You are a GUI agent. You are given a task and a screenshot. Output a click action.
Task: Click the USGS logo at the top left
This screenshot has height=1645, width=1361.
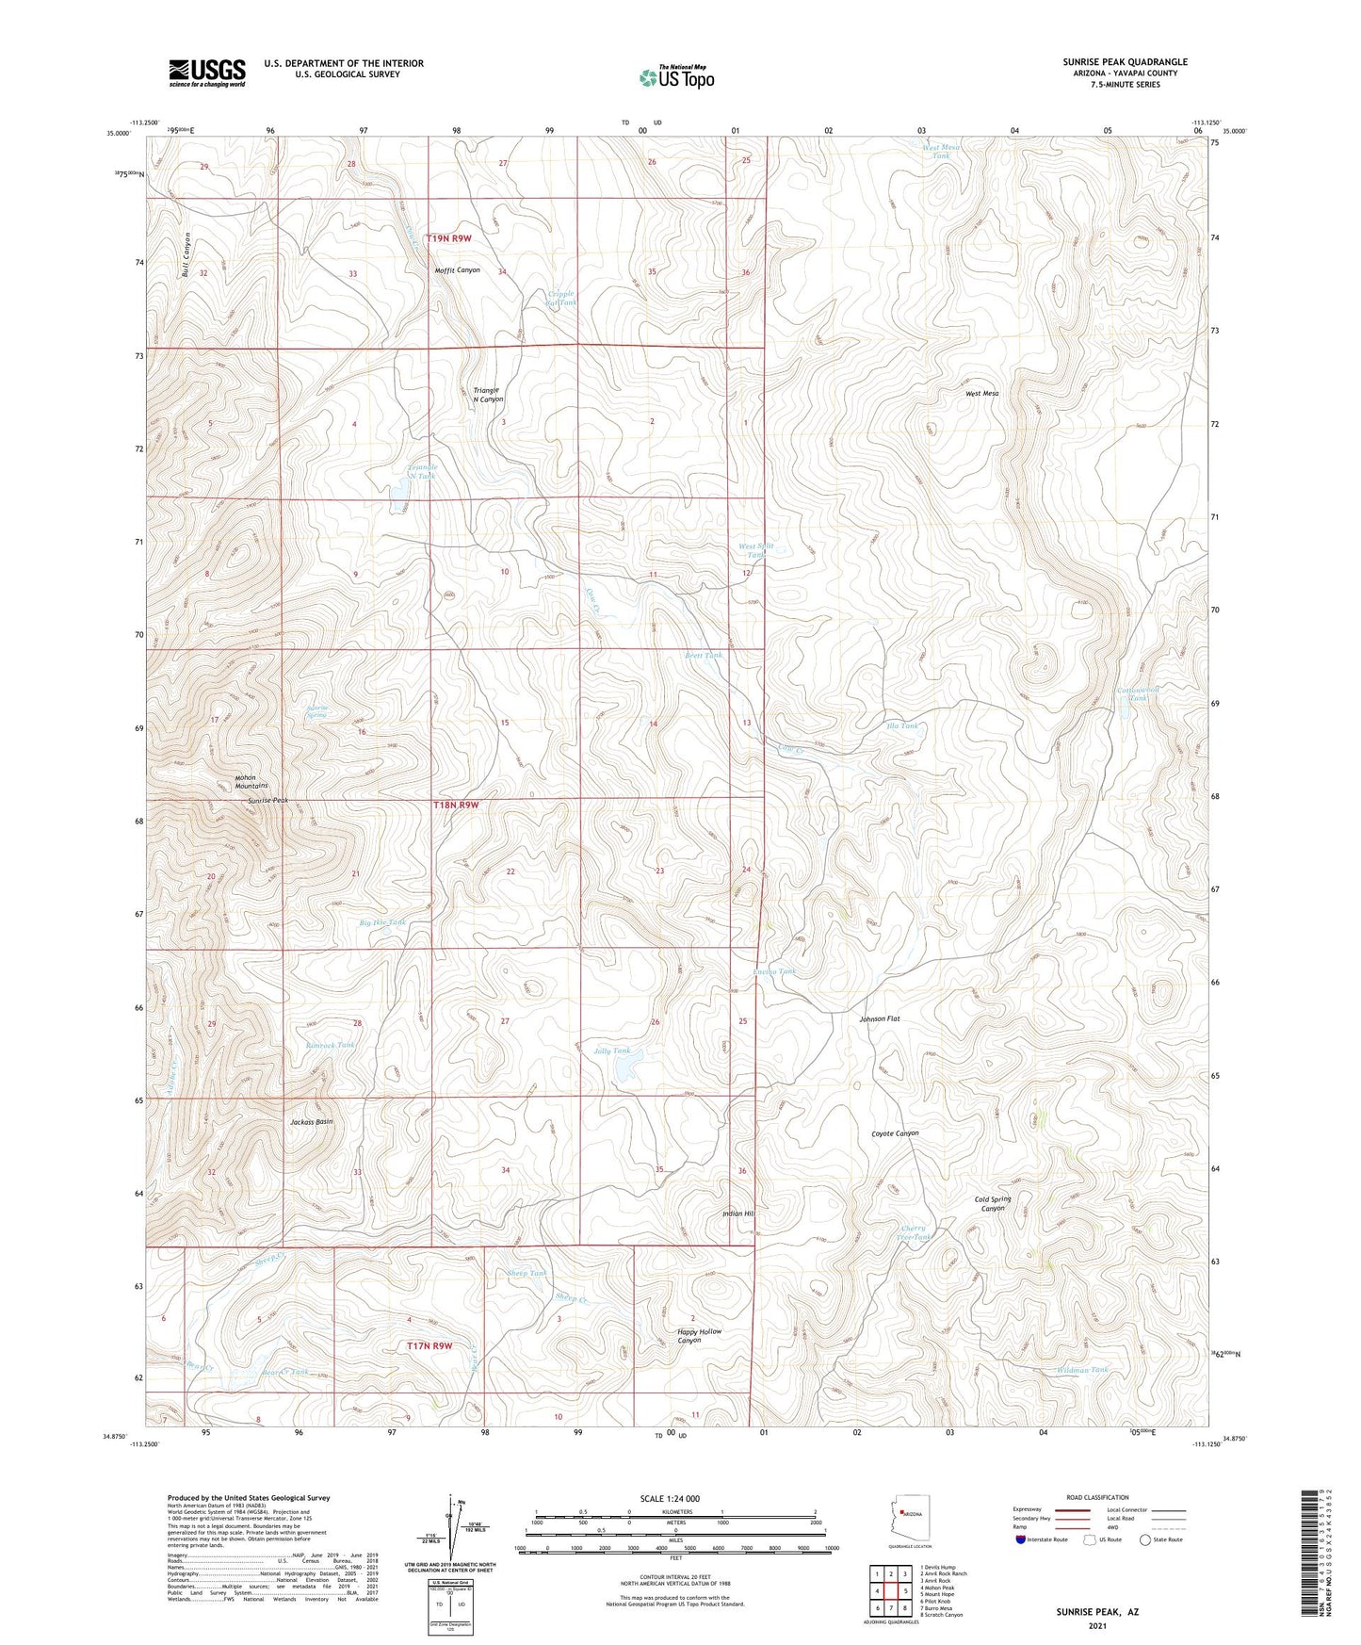tap(207, 72)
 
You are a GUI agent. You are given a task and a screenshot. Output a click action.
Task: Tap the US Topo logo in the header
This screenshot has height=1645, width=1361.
tap(676, 77)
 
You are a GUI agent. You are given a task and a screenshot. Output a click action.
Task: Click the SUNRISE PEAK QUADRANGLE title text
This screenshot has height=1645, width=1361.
tap(1125, 62)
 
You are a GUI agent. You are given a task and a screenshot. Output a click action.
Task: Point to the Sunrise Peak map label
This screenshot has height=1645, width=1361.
tap(267, 800)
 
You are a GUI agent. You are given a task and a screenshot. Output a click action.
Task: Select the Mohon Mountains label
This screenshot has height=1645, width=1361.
tap(251, 781)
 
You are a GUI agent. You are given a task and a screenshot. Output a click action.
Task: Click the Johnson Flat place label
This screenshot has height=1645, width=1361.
tap(880, 1018)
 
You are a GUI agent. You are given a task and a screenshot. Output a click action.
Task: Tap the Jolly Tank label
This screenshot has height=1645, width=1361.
tap(612, 1051)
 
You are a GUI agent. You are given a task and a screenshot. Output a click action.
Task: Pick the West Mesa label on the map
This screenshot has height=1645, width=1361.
tap(981, 393)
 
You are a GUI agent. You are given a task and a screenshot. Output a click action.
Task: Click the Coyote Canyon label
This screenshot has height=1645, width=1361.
tap(894, 1133)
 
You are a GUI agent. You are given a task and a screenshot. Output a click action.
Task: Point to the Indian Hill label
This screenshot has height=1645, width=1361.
tap(737, 1213)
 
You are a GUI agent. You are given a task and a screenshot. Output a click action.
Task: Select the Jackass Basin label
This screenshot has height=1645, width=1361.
tap(312, 1122)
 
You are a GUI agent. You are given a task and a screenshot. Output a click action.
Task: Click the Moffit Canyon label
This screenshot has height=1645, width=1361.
tap(457, 270)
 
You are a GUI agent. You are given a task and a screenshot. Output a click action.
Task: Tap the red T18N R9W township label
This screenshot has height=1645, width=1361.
tap(456, 806)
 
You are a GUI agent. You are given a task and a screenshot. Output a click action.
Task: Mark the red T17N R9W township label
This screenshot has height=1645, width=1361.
tap(429, 1345)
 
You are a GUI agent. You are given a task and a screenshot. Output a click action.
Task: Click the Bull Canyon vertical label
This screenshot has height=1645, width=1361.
tap(187, 253)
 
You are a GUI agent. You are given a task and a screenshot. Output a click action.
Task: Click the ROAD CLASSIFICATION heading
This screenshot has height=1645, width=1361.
tap(1098, 1497)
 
